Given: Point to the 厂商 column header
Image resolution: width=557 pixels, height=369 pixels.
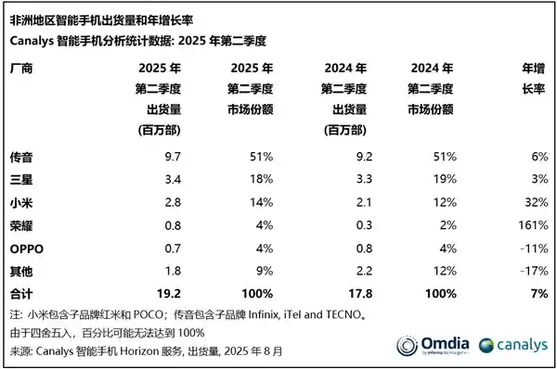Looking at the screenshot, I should pyautogui.click(x=22, y=70).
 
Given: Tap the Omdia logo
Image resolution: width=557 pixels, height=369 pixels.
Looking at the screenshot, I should pyautogui.click(x=435, y=345).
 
